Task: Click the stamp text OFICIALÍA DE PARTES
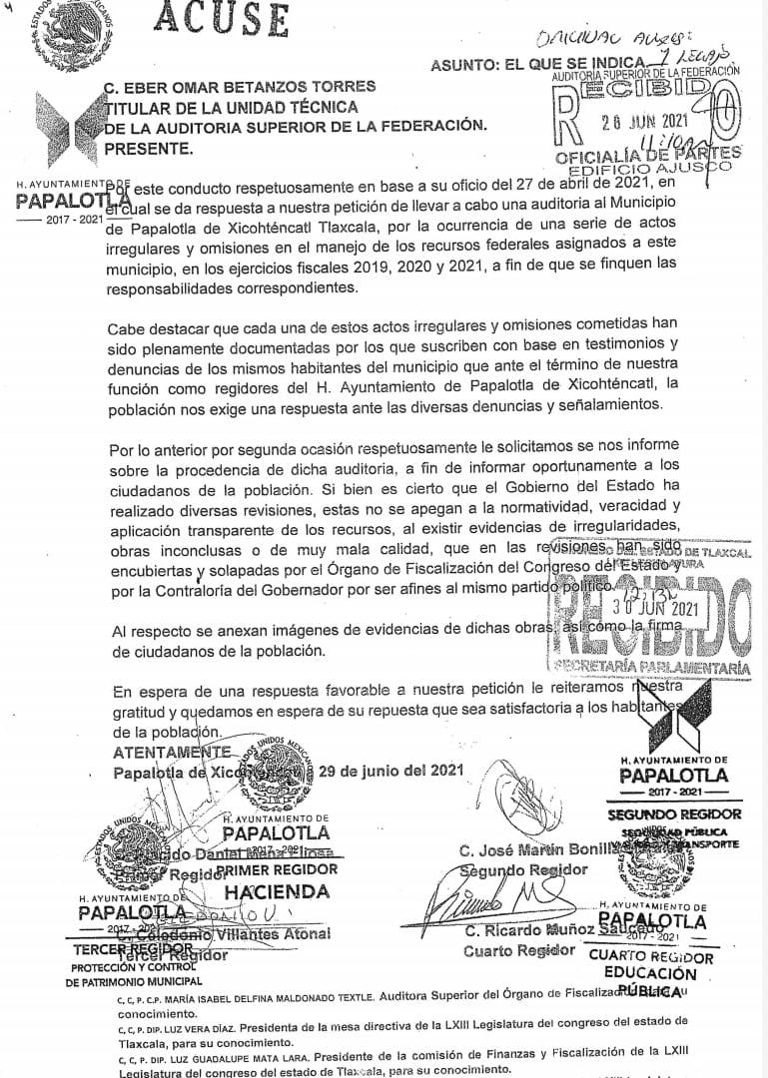pyautogui.click(x=648, y=154)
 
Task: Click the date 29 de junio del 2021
pyautogui.click(x=390, y=771)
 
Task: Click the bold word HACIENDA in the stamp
pyautogui.click(x=277, y=891)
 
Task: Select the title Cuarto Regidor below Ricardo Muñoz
pyautogui.click(x=519, y=951)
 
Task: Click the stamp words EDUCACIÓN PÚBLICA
pyautogui.click(x=650, y=981)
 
